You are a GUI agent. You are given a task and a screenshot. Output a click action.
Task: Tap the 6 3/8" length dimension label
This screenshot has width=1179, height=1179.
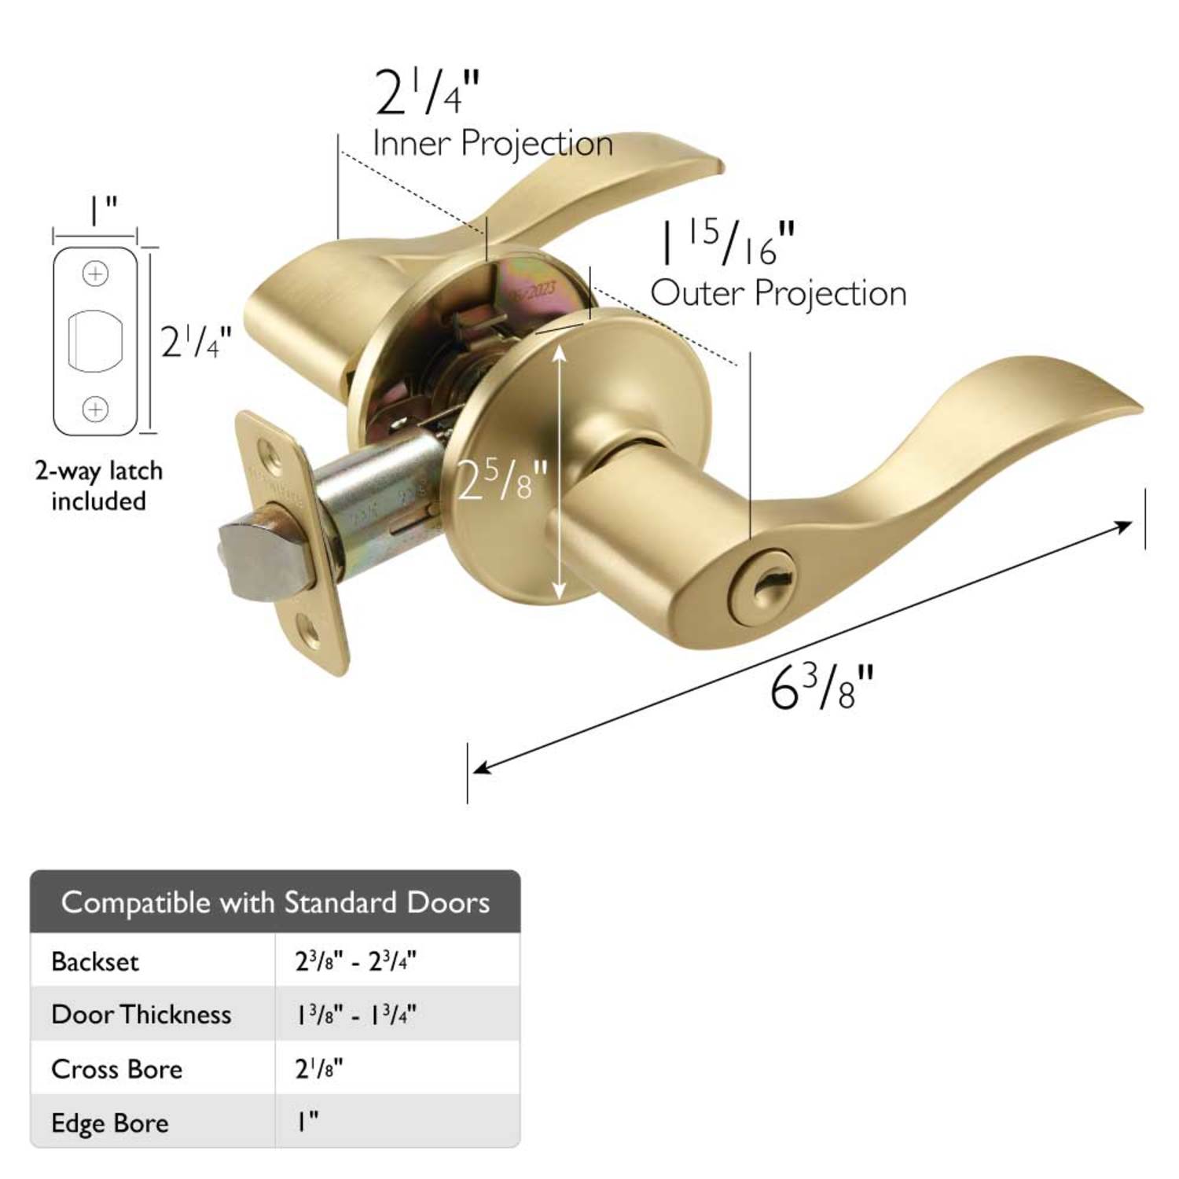point(821,688)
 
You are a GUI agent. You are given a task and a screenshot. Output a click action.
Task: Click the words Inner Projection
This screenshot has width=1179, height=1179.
point(492,144)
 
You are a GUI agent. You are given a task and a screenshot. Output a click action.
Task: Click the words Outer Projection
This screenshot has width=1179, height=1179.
point(778,293)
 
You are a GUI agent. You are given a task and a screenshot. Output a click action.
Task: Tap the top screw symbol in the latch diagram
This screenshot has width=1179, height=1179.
point(96,274)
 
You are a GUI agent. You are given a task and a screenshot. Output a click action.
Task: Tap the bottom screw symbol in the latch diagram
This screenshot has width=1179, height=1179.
point(96,409)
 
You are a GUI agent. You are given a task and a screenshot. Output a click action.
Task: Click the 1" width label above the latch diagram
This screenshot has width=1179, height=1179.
point(101,210)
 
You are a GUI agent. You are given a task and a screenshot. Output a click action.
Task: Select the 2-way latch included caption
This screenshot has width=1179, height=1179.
point(99,486)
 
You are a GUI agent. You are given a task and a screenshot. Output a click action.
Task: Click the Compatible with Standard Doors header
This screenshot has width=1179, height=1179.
point(275,902)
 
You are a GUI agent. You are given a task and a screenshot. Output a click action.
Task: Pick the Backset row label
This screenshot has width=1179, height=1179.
point(95,961)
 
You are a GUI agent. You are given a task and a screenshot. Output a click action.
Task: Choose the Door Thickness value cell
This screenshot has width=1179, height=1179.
point(355,1015)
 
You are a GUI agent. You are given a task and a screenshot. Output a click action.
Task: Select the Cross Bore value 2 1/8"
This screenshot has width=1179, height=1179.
point(319,1069)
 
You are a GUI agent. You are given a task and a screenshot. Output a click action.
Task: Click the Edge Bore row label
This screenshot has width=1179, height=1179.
point(110,1122)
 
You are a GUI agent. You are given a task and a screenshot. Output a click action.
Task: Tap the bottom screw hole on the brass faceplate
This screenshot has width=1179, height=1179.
point(313,628)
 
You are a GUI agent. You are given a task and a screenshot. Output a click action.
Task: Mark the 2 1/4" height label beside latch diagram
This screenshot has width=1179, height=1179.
point(196,342)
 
